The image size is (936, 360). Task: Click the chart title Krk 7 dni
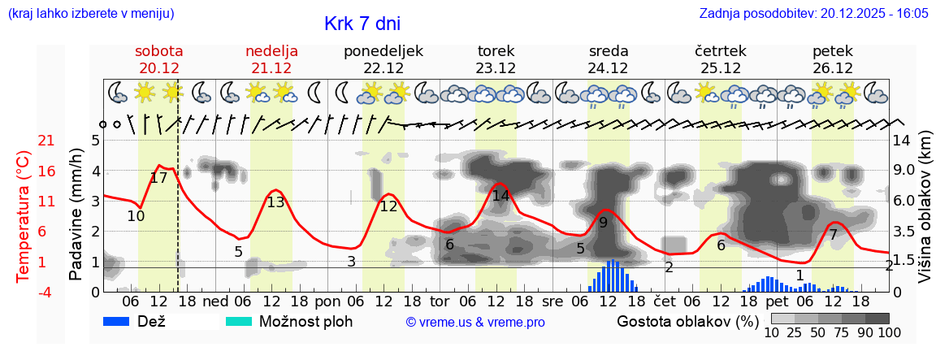point(362,24)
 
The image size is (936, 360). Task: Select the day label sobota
point(158,51)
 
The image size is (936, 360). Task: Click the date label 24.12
point(609,68)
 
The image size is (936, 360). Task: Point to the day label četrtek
point(721,51)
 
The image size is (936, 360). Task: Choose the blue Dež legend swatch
point(122,321)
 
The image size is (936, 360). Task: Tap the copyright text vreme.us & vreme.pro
point(475,322)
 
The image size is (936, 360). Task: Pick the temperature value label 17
point(159,178)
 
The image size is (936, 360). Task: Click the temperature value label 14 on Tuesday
point(500,196)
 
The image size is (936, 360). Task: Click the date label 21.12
point(271,68)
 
